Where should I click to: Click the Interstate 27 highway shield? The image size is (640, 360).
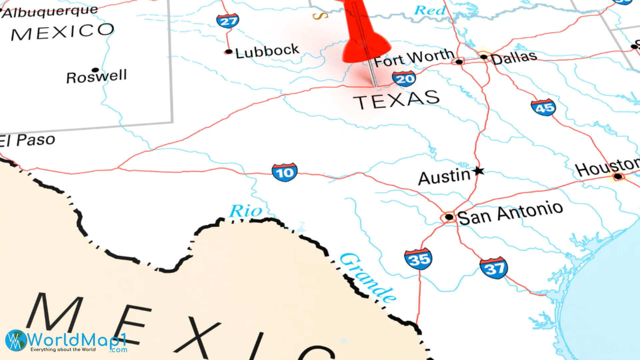coord(228,21)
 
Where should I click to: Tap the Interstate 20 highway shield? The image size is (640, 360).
coord(404,79)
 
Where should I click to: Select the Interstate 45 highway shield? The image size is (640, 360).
coord(543,107)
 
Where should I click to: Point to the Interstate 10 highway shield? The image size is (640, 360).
coord(284,172)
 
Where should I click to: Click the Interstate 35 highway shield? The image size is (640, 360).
coord(418,259)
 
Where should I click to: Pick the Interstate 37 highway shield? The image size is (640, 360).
coord(494,268)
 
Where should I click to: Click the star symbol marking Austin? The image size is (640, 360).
coord(479,171)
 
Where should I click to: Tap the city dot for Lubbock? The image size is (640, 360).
coord(228,51)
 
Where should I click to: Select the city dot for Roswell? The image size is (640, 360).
coord(95,70)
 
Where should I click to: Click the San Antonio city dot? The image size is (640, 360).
coord(449,217)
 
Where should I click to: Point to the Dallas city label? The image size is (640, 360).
coord(513,58)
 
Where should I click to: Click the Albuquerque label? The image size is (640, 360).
coord(50,12)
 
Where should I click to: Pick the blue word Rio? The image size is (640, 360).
coord(245,211)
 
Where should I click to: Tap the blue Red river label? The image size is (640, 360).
coord(430,11)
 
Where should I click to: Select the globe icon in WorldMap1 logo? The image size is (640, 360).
coord(16,340)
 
